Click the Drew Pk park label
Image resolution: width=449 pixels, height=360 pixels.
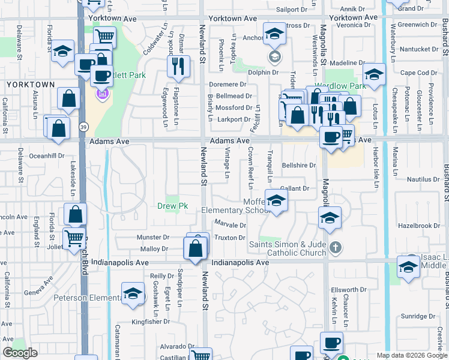(173, 206)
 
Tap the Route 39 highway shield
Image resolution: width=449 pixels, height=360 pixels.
(83, 127)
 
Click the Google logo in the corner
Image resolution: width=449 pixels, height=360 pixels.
(20, 353)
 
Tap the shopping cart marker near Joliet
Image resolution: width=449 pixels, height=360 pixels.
(74, 238)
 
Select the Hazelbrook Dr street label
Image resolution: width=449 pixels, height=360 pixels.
(419, 226)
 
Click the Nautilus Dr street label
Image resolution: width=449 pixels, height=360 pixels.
(423, 179)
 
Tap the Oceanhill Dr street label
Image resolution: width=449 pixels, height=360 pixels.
(46, 155)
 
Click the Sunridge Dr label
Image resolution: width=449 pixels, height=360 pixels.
(418, 316)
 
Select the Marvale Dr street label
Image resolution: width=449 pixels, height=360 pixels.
(230, 225)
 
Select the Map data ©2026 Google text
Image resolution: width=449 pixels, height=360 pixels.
(411, 355)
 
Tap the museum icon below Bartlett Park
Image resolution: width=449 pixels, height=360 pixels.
(102, 94)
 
